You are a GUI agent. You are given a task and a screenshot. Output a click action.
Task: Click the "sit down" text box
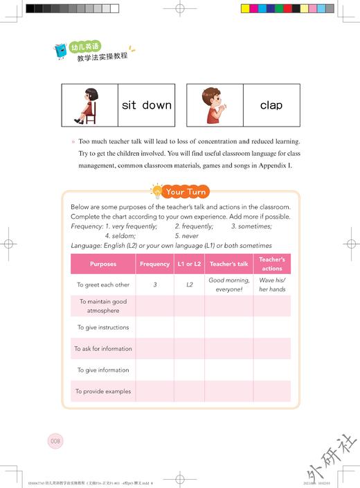146,105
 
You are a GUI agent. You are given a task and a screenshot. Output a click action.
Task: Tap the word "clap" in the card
271,105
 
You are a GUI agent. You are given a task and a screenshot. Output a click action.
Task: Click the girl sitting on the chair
89,105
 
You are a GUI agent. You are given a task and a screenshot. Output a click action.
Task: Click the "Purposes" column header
103,264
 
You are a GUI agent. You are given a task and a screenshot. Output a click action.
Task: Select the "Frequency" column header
154,264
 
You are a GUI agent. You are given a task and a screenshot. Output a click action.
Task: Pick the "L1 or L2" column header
189,264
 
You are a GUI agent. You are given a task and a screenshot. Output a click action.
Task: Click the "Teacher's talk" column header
228,264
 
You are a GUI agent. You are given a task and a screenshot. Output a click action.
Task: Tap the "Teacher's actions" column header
272,264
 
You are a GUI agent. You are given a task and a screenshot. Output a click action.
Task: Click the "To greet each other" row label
103,284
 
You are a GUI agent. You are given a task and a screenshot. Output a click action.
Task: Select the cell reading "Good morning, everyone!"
228,284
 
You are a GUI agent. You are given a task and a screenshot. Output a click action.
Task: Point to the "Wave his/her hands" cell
272,284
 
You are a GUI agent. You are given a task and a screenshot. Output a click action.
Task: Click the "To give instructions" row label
103,327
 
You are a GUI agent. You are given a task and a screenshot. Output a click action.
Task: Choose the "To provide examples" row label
103,391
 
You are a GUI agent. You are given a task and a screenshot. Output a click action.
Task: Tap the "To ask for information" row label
103,349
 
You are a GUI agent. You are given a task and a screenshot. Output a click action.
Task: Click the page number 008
55,441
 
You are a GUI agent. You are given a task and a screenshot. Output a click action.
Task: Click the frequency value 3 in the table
154,284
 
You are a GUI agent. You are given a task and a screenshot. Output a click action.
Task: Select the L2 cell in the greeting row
189,284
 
